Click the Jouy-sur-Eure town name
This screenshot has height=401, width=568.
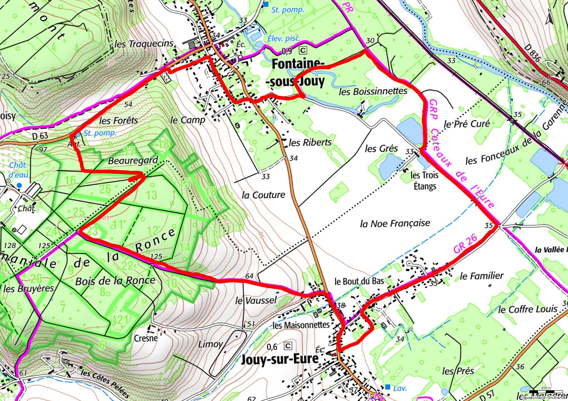pyautogui.click(x=280, y=359)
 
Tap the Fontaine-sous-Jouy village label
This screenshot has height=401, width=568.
pyautogui.click(x=298, y=73)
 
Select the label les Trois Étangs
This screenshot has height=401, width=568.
pyautogui.click(x=424, y=180)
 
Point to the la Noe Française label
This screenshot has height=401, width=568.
pyautogui.click(x=395, y=224)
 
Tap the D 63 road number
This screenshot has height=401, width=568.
pyautogui.click(x=40, y=136)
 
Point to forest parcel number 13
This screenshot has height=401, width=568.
pyautogui.click(x=151, y=195)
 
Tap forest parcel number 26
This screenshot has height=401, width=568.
pyautogui.click(x=105, y=189)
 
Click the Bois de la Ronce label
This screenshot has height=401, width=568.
pyautogui.click(x=115, y=281)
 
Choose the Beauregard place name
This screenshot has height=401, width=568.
pyautogui.click(x=133, y=160)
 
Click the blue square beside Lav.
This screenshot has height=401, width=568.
pyautogui.click(x=387, y=387)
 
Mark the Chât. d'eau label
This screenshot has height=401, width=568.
pyautogui.click(x=18, y=170)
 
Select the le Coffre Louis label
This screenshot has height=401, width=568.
pyautogui.click(x=528, y=309)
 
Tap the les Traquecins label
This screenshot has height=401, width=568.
pyautogui.click(x=144, y=44)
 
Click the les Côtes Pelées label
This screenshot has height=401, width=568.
pyautogui.click(x=105, y=383)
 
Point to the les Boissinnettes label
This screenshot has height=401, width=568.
pyautogui.click(x=373, y=91)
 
